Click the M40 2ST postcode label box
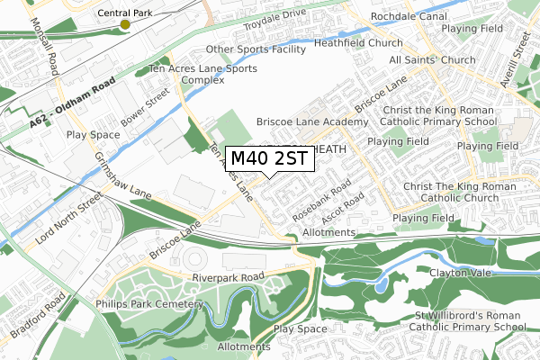(x=269, y=158)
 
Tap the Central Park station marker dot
(x=125, y=24)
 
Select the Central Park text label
(x=125, y=13)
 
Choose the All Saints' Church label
(x=433, y=59)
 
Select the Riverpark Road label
(x=231, y=276)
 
